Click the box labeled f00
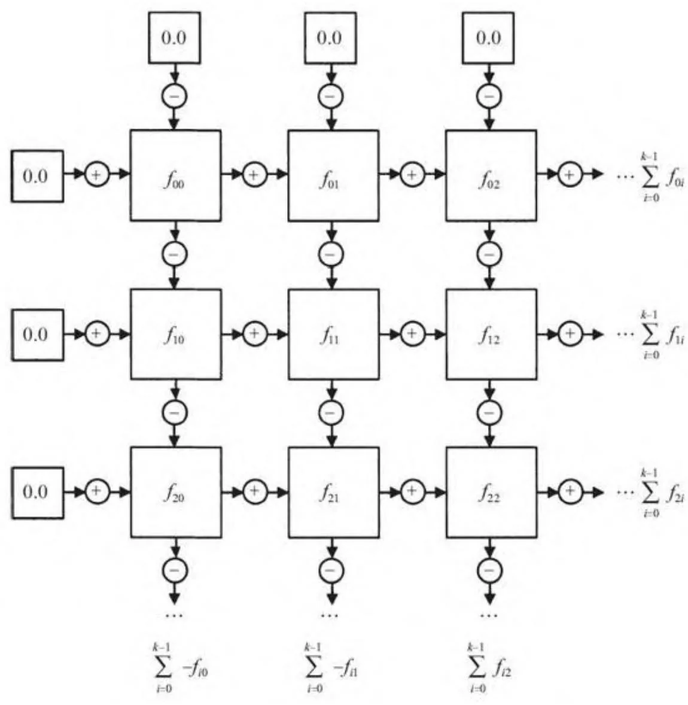coord(175,175)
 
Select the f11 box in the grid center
coord(333,334)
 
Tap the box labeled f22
coord(491,492)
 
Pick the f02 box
coord(491,175)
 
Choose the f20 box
coord(175,492)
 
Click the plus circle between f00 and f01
coord(254,175)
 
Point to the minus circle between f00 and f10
coord(175,254)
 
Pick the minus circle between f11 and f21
coord(330,412)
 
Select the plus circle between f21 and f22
coord(412,491)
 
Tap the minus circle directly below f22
coord(489,570)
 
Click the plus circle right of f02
coord(570,175)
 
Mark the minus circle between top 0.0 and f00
coord(175,96)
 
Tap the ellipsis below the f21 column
coord(330,615)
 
